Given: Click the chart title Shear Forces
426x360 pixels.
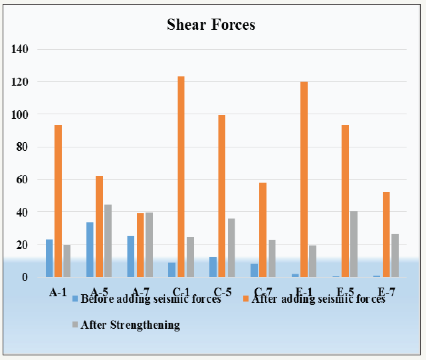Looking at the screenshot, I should click(x=211, y=25).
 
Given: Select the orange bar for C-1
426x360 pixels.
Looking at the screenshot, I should click(x=181, y=177).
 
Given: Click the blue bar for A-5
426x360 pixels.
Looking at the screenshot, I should click(x=90, y=250).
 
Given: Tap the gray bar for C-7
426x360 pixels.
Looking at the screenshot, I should click(x=271, y=258).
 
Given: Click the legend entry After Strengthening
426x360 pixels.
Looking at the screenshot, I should click(x=130, y=325).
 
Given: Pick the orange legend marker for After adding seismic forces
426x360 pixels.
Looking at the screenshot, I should click(x=246, y=299).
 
